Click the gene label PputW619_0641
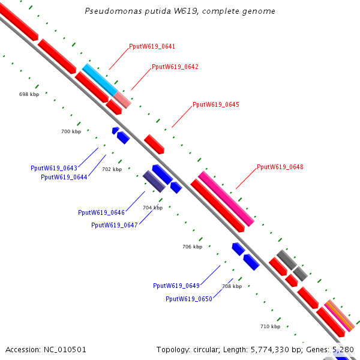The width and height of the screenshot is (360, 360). coord(152,46)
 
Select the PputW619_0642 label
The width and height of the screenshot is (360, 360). coord(175,67)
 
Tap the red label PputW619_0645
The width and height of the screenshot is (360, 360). coord(215,104)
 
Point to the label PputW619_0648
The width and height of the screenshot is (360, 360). coord(280,167)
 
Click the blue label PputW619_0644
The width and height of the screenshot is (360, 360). coord(64,177)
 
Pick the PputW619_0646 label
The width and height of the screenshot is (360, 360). coord(101,212)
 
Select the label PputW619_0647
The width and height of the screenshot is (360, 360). coord(114,225)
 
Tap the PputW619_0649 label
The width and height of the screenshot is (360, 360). coord(176,286)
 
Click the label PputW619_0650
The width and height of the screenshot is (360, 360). coord(188,299)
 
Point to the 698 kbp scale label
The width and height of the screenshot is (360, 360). coord(29,94)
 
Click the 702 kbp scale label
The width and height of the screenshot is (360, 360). coord(112,169)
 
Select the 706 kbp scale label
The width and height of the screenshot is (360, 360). coord(192,247)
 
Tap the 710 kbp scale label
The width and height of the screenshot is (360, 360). coord(270,326)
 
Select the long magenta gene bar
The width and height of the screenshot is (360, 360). coord(226,199)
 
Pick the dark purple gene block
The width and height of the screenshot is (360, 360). coord(154,181)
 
